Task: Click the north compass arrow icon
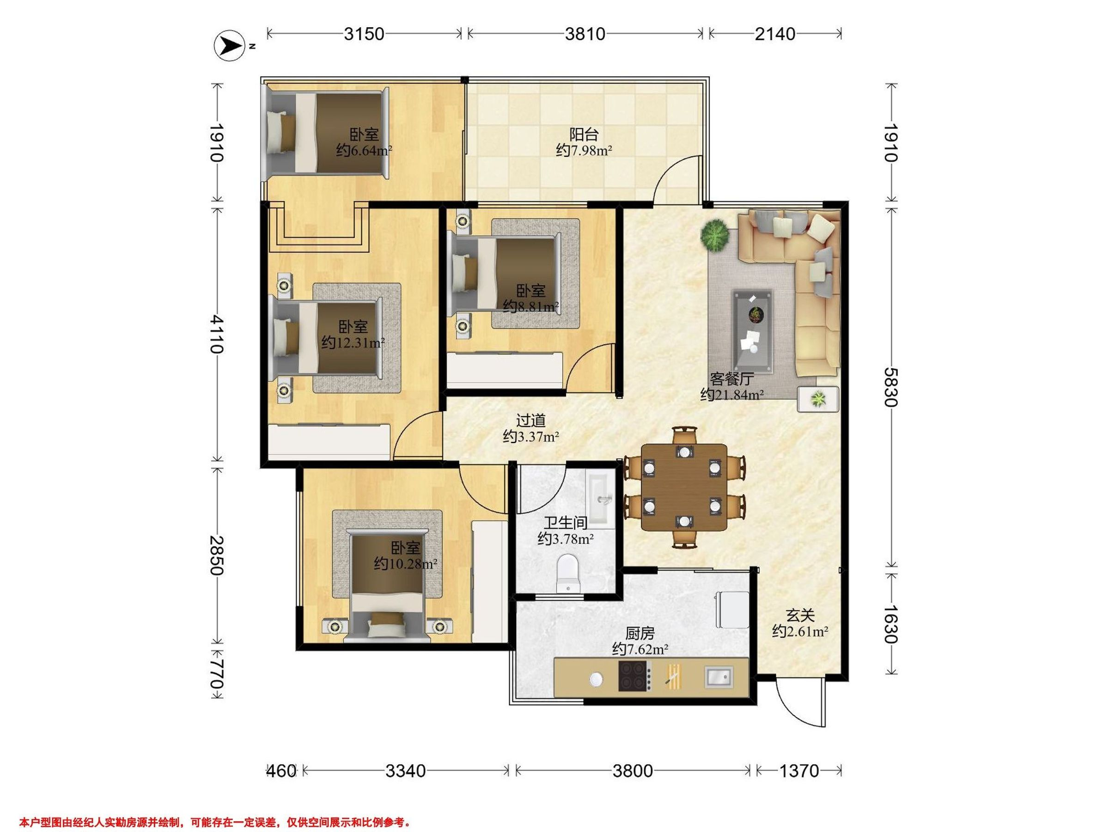tap(229, 46)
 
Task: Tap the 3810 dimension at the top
tap(585, 34)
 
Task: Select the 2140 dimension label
tap(775, 34)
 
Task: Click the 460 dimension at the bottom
tap(281, 771)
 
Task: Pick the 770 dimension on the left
tap(217, 673)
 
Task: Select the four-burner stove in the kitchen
tap(635, 677)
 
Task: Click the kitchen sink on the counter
tap(719, 677)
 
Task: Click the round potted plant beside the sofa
tap(715, 234)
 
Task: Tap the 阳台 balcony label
tap(584, 135)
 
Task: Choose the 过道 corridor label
tap(530, 420)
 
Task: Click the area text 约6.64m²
tap(364, 150)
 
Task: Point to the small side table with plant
tap(818, 399)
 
